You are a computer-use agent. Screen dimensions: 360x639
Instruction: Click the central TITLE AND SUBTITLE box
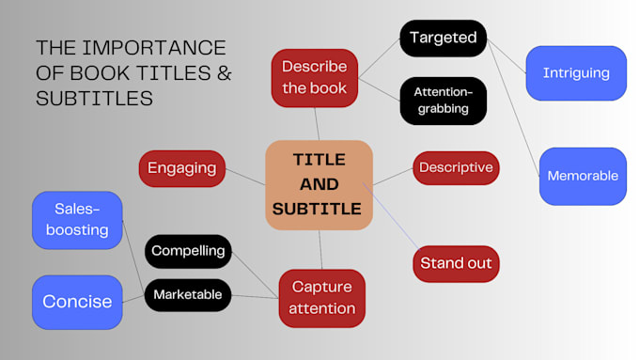click(x=319, y=184)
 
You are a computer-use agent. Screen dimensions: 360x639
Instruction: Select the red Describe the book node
click(x=314, y=78)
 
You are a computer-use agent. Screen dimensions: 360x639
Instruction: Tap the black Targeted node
click(x=443, y=39)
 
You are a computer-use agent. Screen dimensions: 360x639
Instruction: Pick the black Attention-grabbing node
click(x=443, y=102)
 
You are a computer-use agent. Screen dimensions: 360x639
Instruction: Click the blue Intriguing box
click(x=576, y=72)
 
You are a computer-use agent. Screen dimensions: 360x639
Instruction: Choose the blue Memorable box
click(x=582, y=176)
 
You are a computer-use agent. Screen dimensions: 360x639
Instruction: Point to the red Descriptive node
click(x=456, y=167)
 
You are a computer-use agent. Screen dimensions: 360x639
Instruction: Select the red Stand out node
click(x=456, y=262)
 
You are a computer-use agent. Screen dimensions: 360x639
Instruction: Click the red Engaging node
click(x=181, y=168)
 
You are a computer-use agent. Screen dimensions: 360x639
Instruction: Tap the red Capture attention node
click(x=322, y=296)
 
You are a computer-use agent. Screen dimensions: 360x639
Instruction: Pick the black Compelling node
click(x=188, y=251)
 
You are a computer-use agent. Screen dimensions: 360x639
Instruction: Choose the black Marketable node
click(x=188, y=295)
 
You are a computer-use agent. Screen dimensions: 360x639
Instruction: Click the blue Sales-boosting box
click(x=76, y=219)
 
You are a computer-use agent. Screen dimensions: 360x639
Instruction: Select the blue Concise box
click(x=77, y=302)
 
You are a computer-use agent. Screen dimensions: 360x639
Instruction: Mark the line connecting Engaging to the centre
click(x=246, y=176)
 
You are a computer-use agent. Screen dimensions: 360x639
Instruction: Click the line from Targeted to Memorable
click(x=511, y=104)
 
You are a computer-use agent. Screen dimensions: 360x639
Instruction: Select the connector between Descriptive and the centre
click(x=394, y=176)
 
